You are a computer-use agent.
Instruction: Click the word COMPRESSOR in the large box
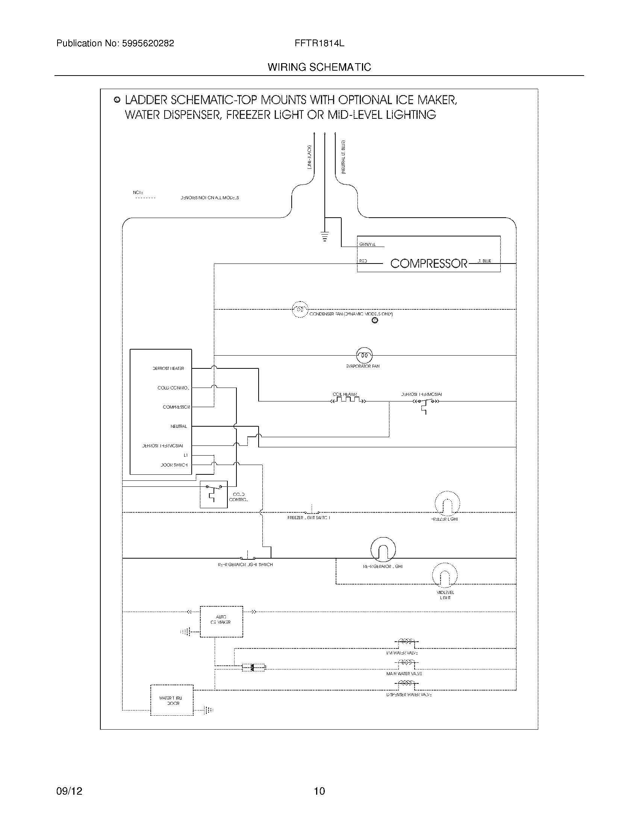click(429, 264)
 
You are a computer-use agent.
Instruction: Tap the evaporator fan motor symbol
click(364, 355)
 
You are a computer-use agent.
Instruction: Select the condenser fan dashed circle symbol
click(300, 309)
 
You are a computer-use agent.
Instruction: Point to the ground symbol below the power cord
click(324, 237)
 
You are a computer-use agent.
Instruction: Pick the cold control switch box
click(214, 494)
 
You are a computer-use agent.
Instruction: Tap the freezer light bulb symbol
click(447, 504)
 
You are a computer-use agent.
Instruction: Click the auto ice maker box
click(221, 621)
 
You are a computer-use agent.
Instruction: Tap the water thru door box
click(172, 700)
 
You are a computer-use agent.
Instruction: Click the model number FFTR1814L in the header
click(319, 43)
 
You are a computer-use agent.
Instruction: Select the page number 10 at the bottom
click(319, 791)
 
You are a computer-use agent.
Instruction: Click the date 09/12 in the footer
click(69, 791)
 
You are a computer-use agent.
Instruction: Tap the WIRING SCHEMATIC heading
click(319, 67)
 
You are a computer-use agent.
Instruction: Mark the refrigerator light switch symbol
click(247, 557)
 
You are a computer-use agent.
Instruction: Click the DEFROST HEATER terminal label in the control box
click(168, 368)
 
